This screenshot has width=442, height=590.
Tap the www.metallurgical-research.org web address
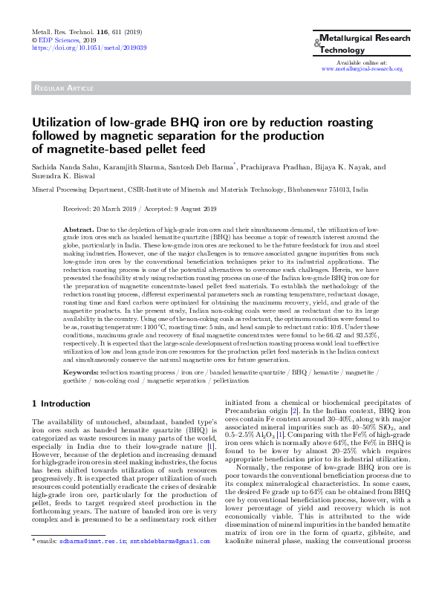(361, 68)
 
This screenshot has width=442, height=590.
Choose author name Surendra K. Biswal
(62, 177)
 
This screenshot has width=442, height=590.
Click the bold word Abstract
(78, 231)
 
